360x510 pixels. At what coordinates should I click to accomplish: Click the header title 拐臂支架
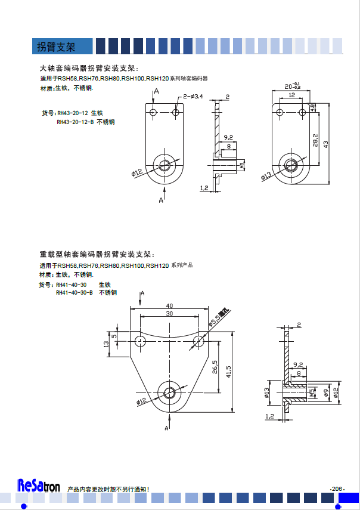(56, 47)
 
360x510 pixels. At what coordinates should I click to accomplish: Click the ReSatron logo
(39, 486)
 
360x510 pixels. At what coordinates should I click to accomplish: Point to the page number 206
(337, 489)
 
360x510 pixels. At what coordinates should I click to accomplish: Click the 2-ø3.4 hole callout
(193, 96)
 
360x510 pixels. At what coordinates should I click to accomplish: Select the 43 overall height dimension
(325, 144)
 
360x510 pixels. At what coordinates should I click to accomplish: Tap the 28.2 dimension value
(315, 139)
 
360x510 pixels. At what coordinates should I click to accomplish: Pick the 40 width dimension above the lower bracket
(169, 305)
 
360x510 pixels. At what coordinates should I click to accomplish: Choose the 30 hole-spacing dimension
(169, 314)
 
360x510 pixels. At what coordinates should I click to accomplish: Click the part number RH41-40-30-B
(75, 293)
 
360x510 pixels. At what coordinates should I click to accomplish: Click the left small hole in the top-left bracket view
(153, 112)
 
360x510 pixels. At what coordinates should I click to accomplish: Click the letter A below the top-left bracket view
(161, 201)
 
